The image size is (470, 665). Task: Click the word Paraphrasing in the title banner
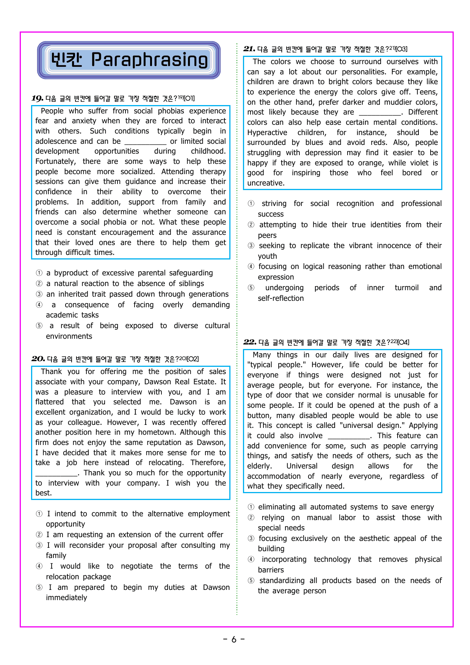[149, 60]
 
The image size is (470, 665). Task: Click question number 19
[37, 99]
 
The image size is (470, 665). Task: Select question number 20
[38, 359]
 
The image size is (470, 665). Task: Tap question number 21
[249, 49]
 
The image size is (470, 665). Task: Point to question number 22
[250, 342]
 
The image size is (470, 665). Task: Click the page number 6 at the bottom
[234, 640]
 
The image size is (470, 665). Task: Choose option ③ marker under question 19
[39, 294]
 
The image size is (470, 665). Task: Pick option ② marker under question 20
[39, 535]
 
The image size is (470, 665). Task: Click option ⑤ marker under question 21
[251, 288]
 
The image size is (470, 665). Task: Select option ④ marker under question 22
[251, 560]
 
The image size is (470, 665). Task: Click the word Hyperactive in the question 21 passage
[267, 133]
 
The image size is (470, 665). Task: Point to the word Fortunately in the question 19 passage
[55, 162]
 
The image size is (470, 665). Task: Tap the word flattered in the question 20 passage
[50, 402]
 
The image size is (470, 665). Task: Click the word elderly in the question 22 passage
[259, 466]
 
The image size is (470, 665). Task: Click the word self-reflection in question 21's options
[281, 299]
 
